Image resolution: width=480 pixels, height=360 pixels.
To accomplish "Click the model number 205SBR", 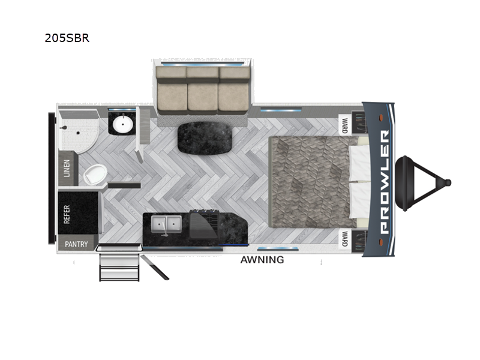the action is point(67,38).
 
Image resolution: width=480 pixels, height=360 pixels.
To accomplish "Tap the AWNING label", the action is point(262,260).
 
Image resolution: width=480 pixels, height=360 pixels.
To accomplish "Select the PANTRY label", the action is point(76,244).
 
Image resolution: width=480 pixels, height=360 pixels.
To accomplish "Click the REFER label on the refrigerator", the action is point(67,214).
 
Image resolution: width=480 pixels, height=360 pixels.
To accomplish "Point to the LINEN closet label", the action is point(67,168).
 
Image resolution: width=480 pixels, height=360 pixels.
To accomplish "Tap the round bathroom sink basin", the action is point(123,124).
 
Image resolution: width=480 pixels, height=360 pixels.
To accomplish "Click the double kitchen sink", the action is point(166,226).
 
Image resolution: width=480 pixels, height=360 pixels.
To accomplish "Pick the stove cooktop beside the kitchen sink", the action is point(203,224).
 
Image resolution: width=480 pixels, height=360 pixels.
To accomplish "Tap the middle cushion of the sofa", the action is point(203,89).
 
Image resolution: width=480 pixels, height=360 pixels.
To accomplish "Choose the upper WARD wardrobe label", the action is point(345,125).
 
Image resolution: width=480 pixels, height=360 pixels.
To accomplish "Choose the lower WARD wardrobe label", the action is point(345,239).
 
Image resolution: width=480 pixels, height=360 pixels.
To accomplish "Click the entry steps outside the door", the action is point(119,268).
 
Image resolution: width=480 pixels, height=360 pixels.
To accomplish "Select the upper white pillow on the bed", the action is point(359,162).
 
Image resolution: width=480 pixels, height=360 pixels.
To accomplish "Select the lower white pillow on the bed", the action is point(359,200).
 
